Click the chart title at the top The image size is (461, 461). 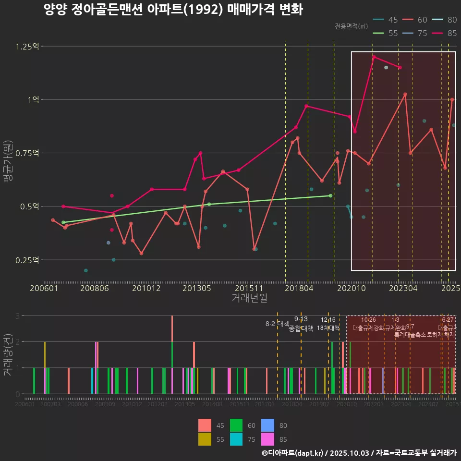(x=173, y=10)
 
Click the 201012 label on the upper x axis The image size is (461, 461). (x=146, y=289)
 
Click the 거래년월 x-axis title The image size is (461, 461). (x=249, y=298)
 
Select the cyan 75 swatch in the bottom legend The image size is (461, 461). (x=236, y=439)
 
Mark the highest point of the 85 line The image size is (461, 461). (x=374, y=57)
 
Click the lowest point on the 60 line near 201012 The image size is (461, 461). (x=141, y=253)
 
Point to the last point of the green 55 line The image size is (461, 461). (x=330, y=195)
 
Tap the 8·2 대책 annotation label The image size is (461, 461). (x=277, y=324)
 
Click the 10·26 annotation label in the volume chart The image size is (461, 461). (x=368, y=320)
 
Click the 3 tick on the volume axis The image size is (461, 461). (x=17, y=316)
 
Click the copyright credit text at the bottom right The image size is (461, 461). (x=359, y=453)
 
